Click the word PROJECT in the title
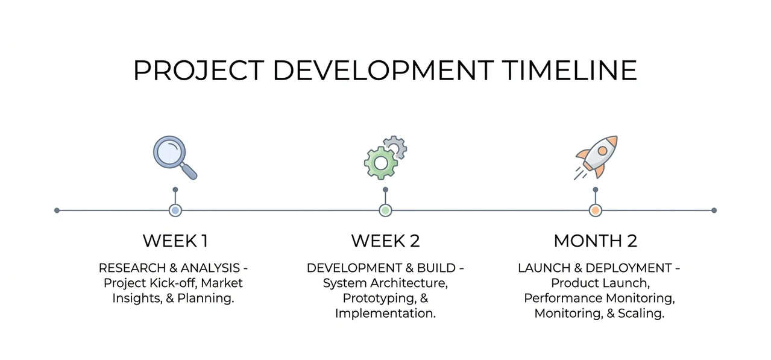[199, 71]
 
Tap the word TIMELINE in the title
[570, 71]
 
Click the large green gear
[381, 163]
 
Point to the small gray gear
[395, 147]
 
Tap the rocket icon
[596, 157]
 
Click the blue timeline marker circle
[175, 210]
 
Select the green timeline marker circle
[386, 210]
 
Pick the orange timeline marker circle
[596, 210]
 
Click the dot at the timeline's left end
[57, 210]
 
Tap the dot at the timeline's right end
[714, 210]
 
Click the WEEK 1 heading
[175, 241]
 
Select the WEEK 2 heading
[386, 241]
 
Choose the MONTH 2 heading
[596, 241]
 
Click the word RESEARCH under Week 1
[132, 268]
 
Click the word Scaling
[641, 314]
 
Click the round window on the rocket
[602, 150]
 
